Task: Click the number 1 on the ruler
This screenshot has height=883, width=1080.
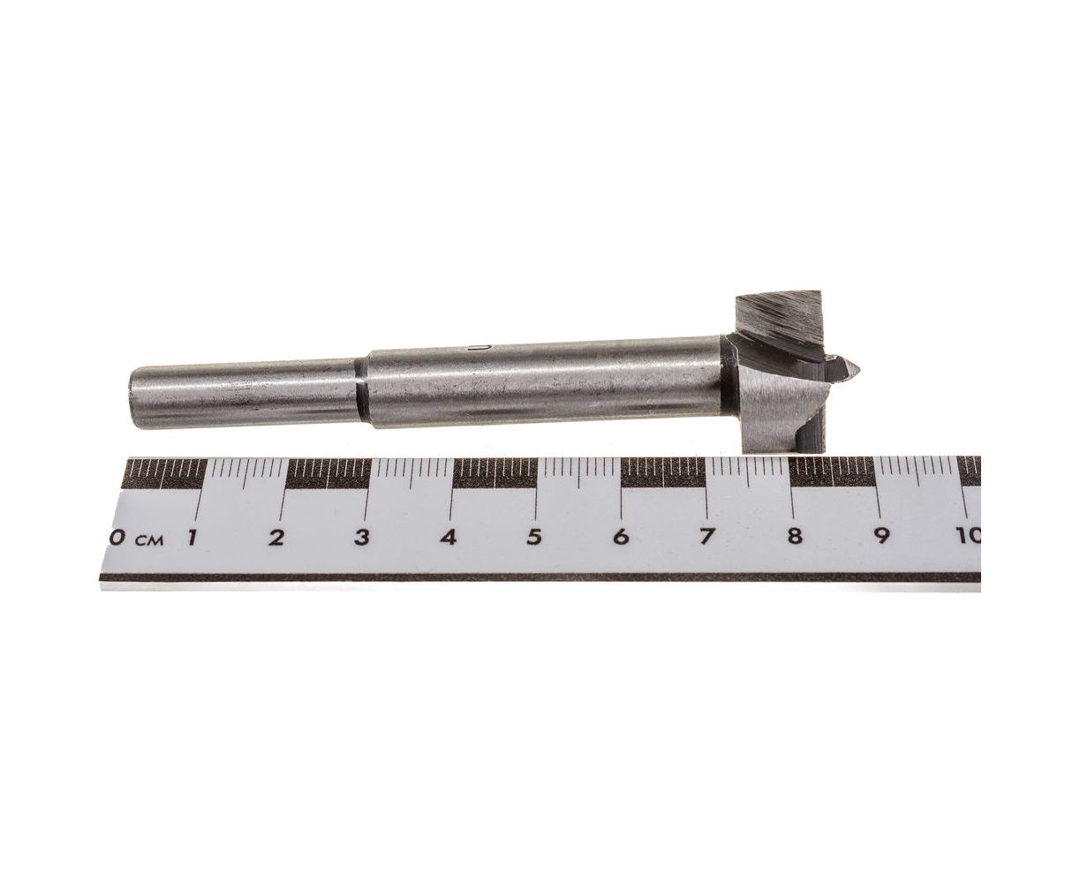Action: click(192, 539)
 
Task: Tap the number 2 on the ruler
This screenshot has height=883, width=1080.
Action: click(276, 538)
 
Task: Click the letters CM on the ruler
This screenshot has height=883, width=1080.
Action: click(149, 540)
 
